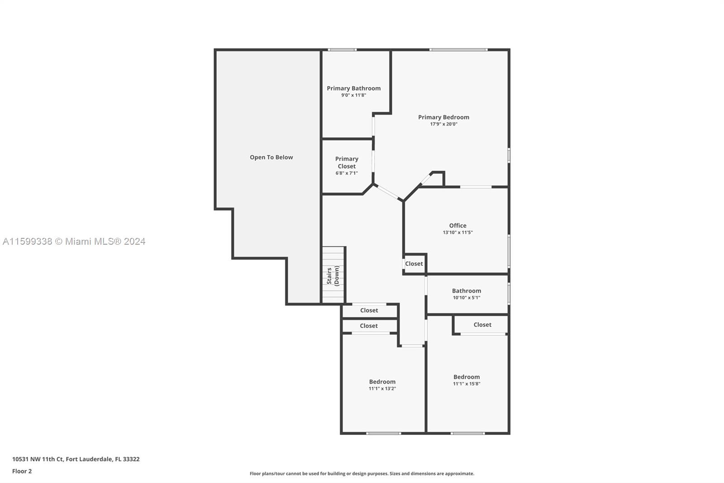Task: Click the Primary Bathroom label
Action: click(x=353, y=88)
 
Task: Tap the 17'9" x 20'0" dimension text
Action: click(x=443, y=124)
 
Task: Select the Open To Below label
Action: click(x=271, y=157)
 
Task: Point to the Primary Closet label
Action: click(x=347, y=162)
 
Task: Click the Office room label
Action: click(x=457, y=225)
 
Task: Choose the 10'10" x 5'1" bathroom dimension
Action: click(x=467, y=298)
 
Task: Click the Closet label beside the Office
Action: click(x=414, y=264)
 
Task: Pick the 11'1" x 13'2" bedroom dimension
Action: click(x=382, y=388)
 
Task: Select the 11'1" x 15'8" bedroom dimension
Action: click(x=467, y=384)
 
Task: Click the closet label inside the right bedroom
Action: click(x=482, y=324)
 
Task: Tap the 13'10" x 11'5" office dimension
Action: click(x=457, y=232)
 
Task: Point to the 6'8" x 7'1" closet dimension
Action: click(x=347, y=173)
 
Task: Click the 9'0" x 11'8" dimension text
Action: click(x=353, y=95)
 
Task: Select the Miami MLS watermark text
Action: click(x=74, y=241)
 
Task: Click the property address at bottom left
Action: click(x=76, y=459)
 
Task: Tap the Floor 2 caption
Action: click(x=22, y=471)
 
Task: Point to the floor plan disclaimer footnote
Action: click(x=362, y=473)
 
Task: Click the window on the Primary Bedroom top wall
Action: click(x=458, y=49)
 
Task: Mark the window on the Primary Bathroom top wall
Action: click(x=342, y=49)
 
